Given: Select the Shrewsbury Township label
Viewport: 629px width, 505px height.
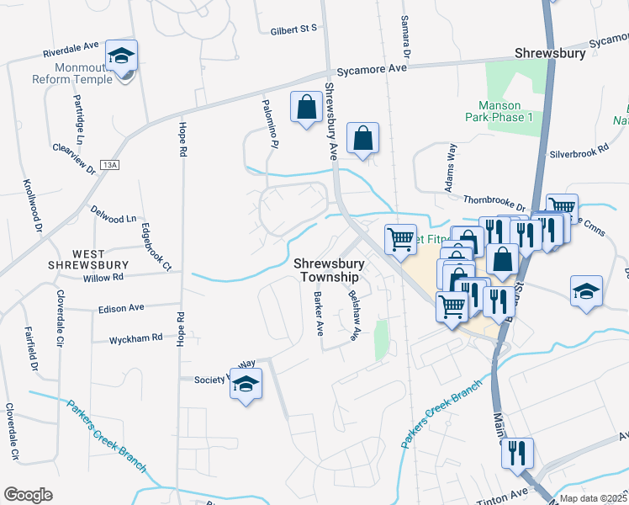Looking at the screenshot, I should point(326,270).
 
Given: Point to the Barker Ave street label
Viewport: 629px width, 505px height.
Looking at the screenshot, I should point(319,313).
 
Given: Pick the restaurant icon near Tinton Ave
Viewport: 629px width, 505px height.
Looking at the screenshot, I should point(516,454).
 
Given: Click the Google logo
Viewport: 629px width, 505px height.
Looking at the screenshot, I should point(28,494).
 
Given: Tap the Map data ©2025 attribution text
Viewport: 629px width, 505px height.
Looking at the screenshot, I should point(593,498).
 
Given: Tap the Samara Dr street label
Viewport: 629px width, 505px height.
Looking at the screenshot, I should point(405,37).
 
